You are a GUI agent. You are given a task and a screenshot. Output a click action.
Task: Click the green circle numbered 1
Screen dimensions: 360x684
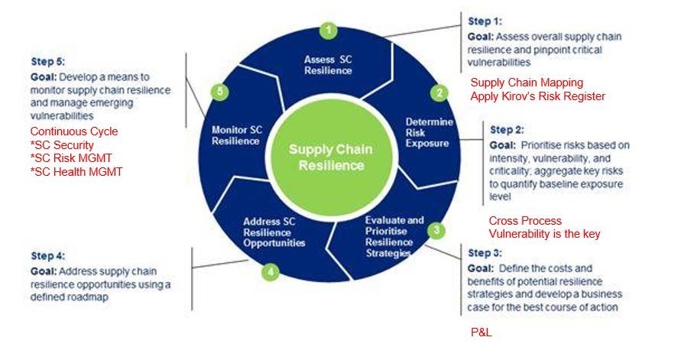[328, 31]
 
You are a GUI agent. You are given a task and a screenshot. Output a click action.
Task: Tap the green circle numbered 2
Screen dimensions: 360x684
[439, 93]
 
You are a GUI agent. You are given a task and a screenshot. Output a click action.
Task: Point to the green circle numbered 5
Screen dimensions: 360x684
[220, 92]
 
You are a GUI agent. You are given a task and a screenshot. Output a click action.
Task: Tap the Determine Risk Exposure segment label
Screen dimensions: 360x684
[429, 132]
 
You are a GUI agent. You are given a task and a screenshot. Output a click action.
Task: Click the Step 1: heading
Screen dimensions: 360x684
[484, 22]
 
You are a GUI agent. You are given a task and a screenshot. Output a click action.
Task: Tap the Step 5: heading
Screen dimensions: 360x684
[47, 60]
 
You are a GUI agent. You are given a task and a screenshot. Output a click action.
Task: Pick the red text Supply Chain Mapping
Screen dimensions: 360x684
[527, 83]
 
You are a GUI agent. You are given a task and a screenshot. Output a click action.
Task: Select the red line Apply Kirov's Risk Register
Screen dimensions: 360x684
[537, 96]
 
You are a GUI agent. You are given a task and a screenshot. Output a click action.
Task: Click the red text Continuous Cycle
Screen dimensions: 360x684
[74, 131]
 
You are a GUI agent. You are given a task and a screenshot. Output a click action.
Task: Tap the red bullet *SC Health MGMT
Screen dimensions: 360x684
[76, 172]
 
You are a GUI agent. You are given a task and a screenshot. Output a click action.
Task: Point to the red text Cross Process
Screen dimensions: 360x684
[525, 221]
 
